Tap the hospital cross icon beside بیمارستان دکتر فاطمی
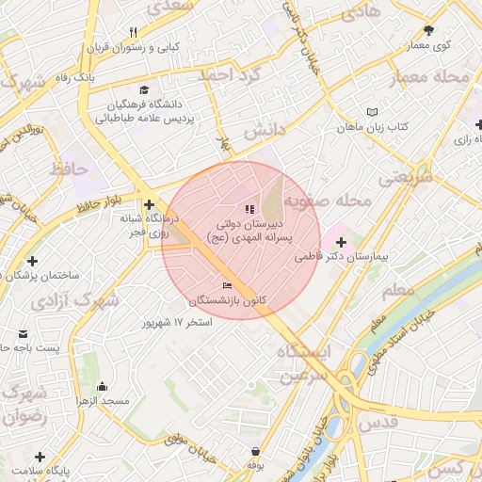[x=341, y=244]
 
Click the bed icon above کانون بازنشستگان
[x=227, y=285]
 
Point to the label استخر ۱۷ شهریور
[x=177, y=322]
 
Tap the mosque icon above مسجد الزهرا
[x=103, y=386]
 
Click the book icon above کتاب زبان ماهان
[x=373, y=111]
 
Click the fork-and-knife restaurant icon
[x=133, y=32]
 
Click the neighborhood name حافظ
[x=68, y=170]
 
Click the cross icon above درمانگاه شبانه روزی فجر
[x=149, y=204]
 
